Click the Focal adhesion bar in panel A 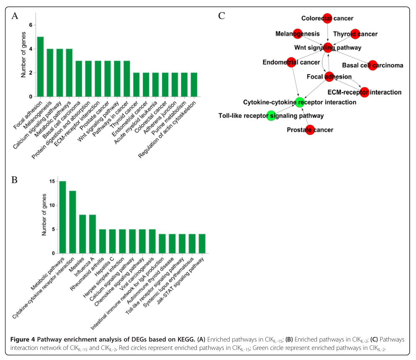(40, 67)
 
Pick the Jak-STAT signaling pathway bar (202, 244)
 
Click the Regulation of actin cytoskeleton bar (194, 85)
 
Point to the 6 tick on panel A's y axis (30, 25)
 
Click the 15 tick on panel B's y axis (52, 181)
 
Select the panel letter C (222, 16)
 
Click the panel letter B (15, 180)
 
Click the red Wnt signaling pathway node (328, 47)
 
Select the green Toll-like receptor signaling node (271, 116)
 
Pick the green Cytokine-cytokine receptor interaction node (299, 102)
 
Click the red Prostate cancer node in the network (310, 130)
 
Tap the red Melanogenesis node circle (298, 34)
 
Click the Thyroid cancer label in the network (355, 34)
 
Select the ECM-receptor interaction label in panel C (364, 92)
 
